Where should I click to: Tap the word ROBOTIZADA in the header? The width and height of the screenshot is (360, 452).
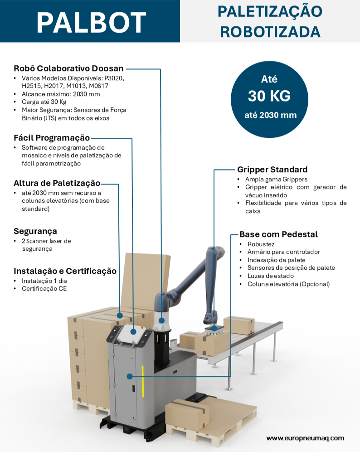click(270, 32)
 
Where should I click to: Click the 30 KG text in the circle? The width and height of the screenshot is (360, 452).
click(269, 96)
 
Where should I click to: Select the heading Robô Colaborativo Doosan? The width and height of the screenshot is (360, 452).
click(68, 69)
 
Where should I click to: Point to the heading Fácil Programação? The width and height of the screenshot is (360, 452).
click(52, 138)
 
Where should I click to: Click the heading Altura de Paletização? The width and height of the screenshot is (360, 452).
click(57, 183)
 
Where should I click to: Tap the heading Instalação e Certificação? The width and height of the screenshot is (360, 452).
click(65, 271)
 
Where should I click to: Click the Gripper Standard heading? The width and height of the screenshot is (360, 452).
click(272, 170)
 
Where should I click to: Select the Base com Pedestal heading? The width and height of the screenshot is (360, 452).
click(278, 234)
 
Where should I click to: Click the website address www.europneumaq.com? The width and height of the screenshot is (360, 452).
click(305, 438)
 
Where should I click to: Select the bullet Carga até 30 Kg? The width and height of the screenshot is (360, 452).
click(44, 102)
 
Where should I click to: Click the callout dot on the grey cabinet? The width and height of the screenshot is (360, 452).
click(130, 376)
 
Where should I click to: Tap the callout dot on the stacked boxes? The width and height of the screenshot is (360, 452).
click(120, 315)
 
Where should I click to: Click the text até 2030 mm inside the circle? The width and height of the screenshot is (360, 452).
click(270, 115)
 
